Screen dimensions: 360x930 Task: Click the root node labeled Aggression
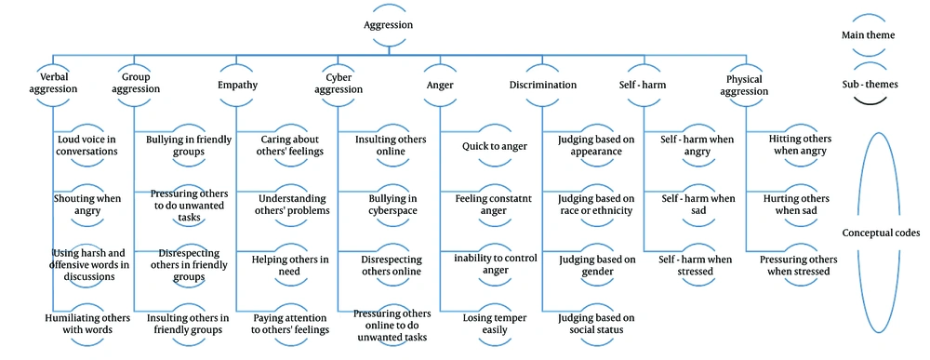click(x=387, y=25)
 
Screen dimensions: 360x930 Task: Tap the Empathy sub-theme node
click(x=238, y=85)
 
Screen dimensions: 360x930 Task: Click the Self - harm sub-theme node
click(x=643, y=85)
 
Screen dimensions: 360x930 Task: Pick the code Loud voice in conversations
click(x=86, y=145)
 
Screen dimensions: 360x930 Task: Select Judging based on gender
click(x=596, y=264)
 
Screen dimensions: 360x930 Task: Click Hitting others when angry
click(x=799, y=145)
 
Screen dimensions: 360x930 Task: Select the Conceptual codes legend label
click(x=880, y=232)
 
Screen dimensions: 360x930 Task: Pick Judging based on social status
click(x=596, y=323)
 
